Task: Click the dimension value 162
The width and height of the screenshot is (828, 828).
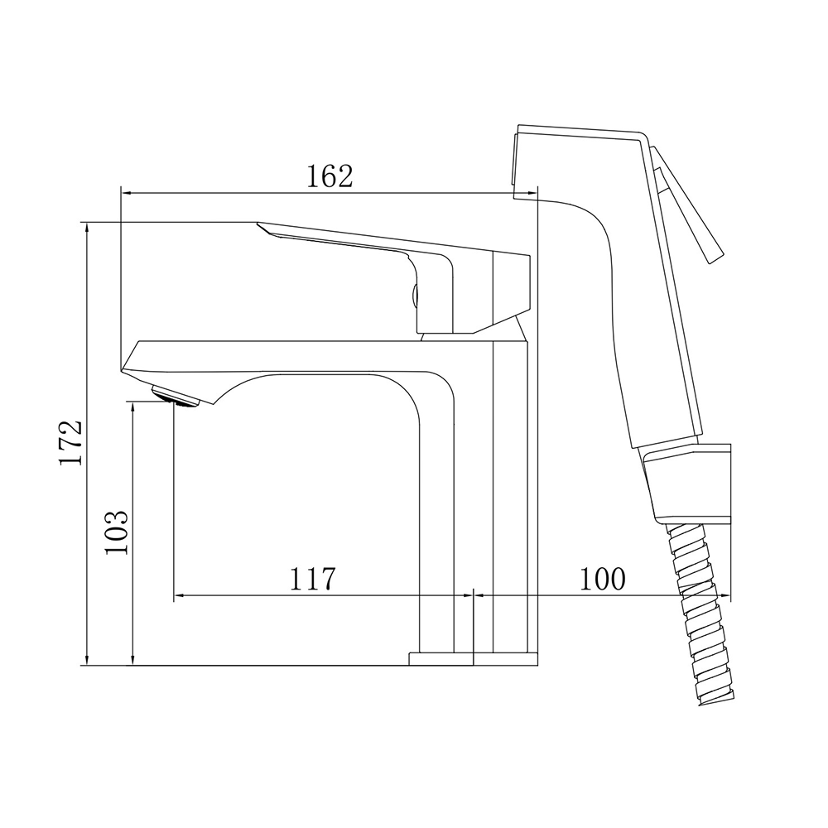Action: point(330,176)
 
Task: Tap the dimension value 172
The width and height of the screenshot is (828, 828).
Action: point(70,442)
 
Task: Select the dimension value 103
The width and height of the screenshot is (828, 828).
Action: point(116,532)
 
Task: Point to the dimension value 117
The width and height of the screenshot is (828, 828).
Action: point(312,580)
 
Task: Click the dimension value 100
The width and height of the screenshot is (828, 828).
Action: point(603,580)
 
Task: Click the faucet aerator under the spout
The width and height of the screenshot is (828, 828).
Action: point(176,397)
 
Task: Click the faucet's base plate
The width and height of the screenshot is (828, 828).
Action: point(474,659)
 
